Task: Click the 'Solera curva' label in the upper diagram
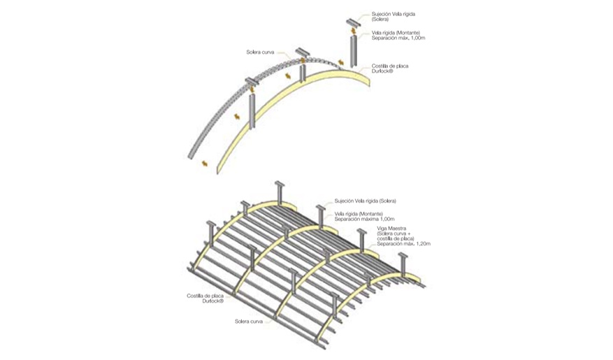(260, 52)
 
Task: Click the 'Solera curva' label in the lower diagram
(249, 322)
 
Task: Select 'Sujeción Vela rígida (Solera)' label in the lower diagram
(365, 201)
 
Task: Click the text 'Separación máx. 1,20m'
(404, 243)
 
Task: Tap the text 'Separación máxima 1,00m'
(364, 219)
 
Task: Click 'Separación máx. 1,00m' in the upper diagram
(398, 38)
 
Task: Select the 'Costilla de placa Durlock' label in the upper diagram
(390, 69)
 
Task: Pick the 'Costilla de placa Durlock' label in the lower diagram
(205, 298)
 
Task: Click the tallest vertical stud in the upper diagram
(354, 51)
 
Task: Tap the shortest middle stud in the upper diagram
(302, 73)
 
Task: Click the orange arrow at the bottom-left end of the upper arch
(203, 164)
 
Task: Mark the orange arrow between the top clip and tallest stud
(354, 31)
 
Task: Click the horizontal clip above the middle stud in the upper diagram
(302, 52)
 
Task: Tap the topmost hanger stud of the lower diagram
(280, 193)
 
